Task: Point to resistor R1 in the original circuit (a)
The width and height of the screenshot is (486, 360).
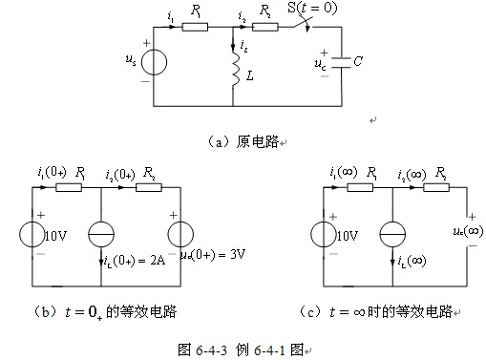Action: [x=195, y=27]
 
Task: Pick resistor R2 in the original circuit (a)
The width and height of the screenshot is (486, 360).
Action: [x=266, y=27]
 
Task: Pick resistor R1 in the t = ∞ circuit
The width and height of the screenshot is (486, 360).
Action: [x=360, y=188]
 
